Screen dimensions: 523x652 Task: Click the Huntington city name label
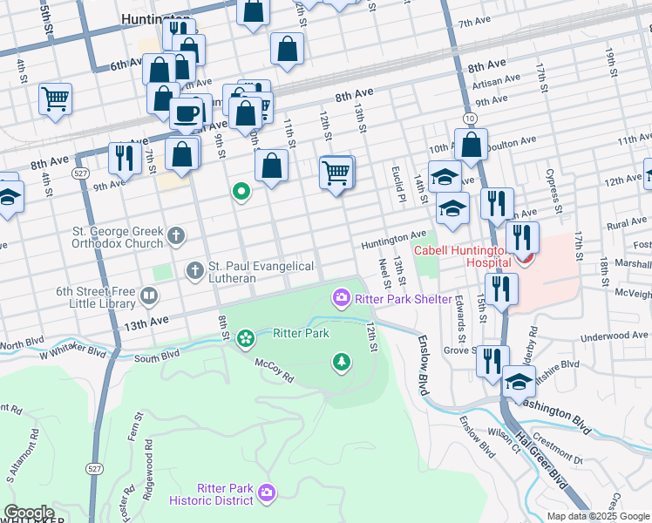click(157, 18)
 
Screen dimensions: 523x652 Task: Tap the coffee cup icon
click(185, 112)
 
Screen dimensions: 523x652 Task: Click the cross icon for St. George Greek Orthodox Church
click(176, 235)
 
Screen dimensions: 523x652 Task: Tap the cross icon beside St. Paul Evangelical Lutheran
click(194, 270)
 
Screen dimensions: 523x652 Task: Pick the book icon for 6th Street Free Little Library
click(149, 298)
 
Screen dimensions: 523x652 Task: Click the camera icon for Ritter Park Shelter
click(341, 299)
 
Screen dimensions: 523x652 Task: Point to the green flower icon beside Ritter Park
click(246, 336)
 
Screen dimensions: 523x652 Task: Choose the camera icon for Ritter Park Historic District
click(267, 494)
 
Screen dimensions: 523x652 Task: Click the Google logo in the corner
click(28, 513)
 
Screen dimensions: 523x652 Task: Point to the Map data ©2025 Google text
click(598, 516)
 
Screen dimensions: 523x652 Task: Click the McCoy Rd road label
click(275, 364)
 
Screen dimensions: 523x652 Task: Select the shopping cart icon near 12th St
click(336, 173)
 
